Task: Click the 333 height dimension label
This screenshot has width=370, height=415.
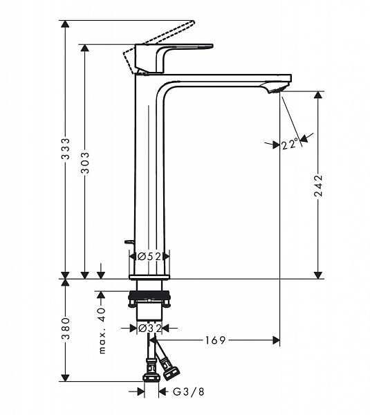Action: point(65,149)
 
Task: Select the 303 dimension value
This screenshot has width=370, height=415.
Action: point(85,163)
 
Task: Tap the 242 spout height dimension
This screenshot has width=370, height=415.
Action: point(318,185)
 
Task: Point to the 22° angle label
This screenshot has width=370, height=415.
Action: point(290,145)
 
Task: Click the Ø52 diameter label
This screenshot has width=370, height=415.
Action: point(149,256)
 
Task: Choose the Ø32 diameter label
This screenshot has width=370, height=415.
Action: point(150,329)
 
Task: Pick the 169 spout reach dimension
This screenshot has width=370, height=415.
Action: point(216,340)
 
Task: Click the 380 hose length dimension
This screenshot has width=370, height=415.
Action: point(65,329)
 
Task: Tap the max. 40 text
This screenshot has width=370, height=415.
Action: point(102,331)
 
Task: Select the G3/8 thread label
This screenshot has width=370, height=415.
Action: point(189,391)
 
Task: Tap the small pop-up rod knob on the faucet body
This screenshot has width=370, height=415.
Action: point(129,241)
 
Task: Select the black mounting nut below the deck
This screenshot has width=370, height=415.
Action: point(149,295)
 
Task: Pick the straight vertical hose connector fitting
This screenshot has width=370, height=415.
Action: point(151,370)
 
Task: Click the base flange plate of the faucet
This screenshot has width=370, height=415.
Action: point(149,277)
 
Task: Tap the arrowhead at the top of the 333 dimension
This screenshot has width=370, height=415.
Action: point(65,24)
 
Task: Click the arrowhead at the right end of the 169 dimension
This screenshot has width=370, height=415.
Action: point(277,340)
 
